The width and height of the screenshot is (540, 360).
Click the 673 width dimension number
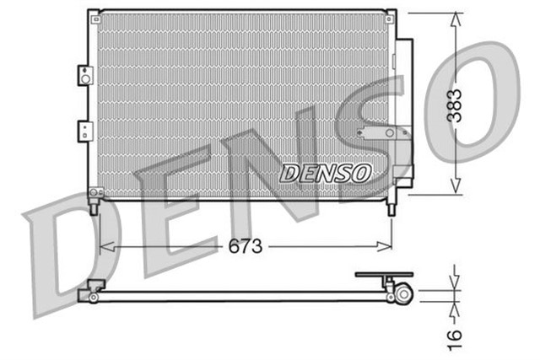(x=246, y=246)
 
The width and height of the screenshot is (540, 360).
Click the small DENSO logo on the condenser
(x=325, y=173)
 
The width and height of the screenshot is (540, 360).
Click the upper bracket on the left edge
(x=84, y=75)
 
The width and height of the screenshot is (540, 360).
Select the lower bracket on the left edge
(x=84, y=131)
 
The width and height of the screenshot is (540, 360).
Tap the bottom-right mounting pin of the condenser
(x=390, y=207)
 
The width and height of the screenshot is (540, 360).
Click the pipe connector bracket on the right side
(x=382, y=132)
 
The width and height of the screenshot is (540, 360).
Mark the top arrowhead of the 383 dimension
(x=455, y=19)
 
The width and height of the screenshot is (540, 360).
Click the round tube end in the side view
(x=404, y=294)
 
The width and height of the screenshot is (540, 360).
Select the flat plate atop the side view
(x=384, y=275)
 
